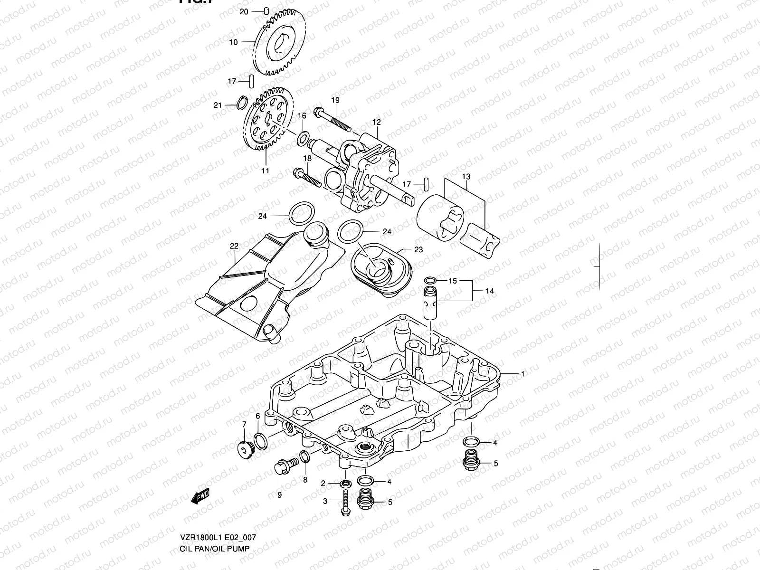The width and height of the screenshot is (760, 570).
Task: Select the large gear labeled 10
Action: [x=284, y=45]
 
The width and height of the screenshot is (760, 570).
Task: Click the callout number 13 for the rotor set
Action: [x=466, y=177]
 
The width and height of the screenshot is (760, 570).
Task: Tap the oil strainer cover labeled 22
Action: [x=266, y=285]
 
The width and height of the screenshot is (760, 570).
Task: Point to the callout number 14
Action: [x=490, y=290]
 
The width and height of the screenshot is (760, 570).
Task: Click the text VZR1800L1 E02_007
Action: [x=218, y=538]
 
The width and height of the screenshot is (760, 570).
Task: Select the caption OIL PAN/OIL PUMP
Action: [x=214, y=549]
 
